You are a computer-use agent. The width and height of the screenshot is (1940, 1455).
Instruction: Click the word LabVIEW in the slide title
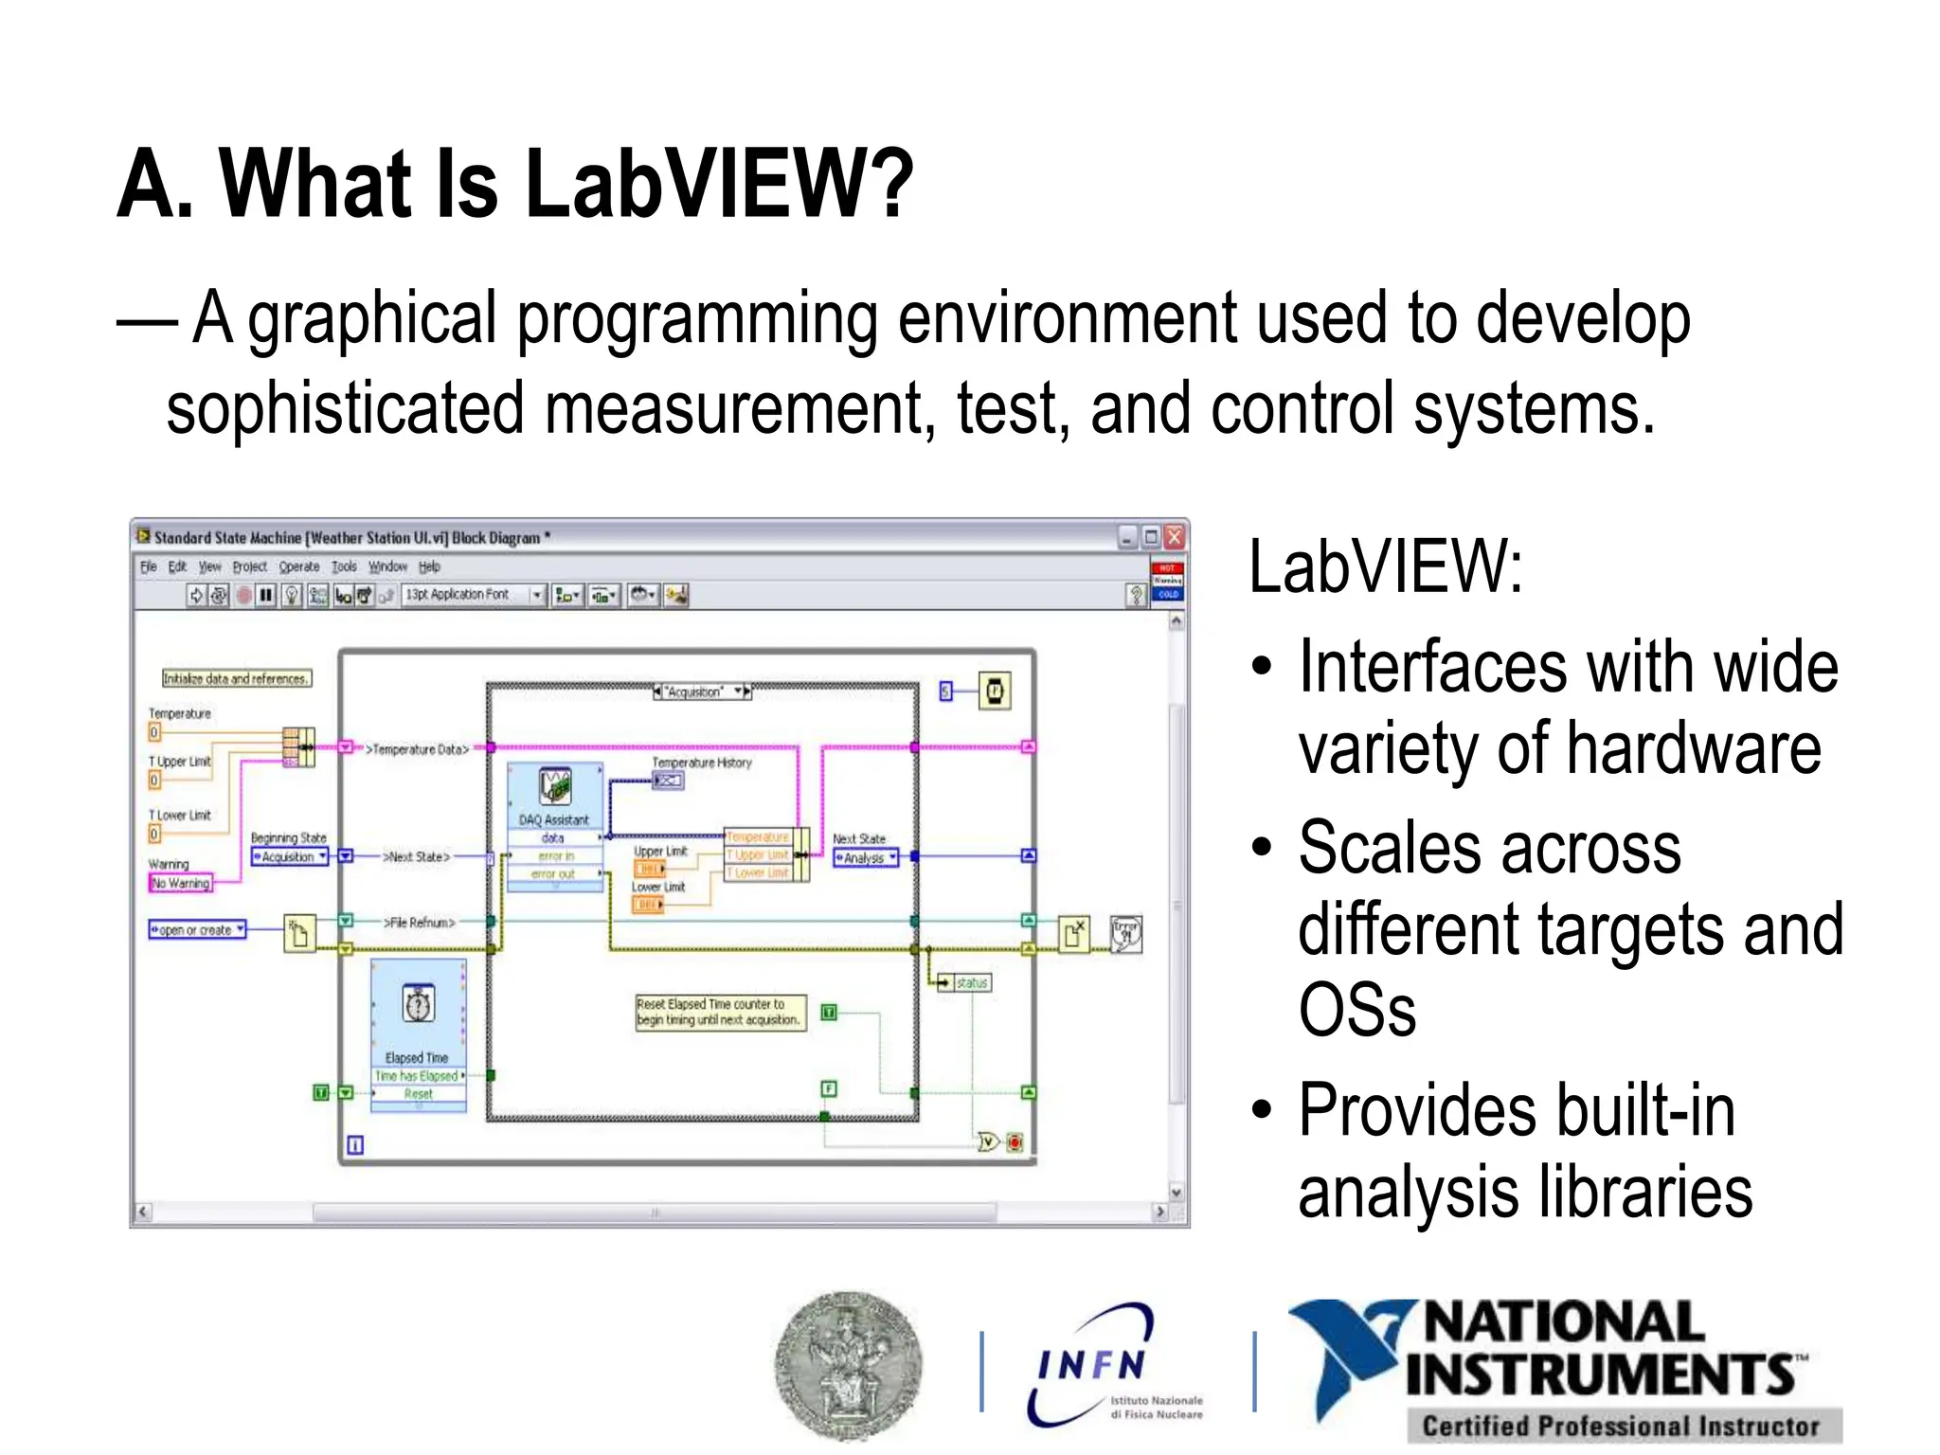point(717,185)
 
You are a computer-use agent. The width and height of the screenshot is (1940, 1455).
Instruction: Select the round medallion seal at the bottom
point(848,1365)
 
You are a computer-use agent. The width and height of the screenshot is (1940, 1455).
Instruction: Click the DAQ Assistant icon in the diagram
point(555,787)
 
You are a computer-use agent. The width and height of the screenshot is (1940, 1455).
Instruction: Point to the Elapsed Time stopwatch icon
point(419,1004)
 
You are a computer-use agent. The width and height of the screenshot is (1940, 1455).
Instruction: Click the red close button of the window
point(1175,537)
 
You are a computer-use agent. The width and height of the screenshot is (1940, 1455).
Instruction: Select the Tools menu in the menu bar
point(344,566)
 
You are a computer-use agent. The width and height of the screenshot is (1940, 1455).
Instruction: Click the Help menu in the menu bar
point(429,566)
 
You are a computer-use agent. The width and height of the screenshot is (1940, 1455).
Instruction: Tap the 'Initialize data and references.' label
point(236,678)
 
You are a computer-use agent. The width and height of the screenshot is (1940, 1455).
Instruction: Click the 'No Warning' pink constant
point(181,883)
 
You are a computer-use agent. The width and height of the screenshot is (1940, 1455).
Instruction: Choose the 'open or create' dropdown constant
point(197,929)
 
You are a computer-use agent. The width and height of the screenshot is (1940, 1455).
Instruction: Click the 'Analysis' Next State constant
point(865,858)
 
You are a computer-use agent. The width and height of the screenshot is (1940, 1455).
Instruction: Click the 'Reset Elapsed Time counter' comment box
point(720,1012)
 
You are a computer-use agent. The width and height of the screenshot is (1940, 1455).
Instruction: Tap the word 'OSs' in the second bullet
point(1356,1010)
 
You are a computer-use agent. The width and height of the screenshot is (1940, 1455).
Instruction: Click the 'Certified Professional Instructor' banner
point(1622,1426)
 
